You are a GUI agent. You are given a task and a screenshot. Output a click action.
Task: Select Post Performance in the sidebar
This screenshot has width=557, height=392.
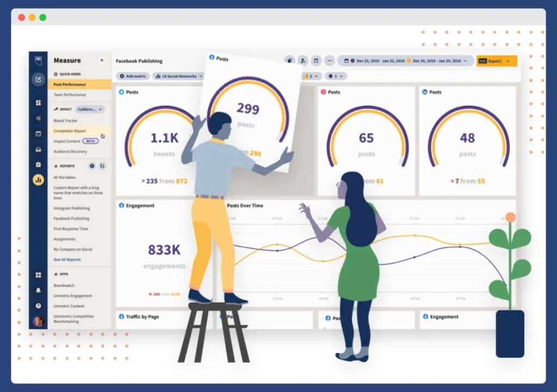click(x=70, y=85)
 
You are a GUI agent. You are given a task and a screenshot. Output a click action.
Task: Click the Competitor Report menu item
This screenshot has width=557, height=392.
click(x=70, y=131)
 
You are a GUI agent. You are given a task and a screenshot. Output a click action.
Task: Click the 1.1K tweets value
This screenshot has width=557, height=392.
click(x=164, y=138)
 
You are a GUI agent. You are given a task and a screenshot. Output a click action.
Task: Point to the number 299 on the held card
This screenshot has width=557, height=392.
click(x=248, y=109)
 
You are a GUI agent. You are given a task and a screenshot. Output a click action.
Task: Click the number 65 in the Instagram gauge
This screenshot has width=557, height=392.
click(x=366, y=138)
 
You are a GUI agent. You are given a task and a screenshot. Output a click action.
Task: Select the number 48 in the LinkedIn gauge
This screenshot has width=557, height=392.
click(x=467, y=138)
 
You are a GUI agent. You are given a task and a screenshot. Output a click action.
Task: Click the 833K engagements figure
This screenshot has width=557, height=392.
click(x=164, y=250)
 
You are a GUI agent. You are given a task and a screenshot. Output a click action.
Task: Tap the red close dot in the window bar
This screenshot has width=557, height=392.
click(x=22, y=17)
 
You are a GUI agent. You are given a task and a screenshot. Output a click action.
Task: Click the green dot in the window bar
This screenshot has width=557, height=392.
click(x=43, y=17)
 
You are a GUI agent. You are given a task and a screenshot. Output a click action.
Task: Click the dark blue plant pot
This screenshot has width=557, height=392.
click(x=510, y=333)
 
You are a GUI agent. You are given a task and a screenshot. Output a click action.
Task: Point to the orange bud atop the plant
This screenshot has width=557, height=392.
click(x=510, y=217)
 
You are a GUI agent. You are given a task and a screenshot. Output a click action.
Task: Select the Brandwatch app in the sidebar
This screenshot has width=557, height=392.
click(x=64, y=285)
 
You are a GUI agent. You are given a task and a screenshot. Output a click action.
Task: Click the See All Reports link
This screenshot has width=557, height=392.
click(x=67, y=260)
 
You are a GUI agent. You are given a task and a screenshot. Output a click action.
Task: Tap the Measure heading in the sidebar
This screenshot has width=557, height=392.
click(x=67, y=60)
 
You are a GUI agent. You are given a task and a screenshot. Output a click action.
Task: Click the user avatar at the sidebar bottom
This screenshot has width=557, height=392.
click(x=38, y=321)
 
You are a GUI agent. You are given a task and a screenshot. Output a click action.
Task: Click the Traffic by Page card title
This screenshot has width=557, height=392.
click(x=142, y=316)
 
